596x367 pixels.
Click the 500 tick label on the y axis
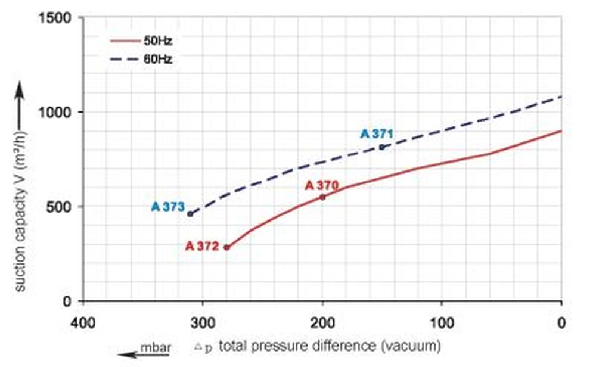click(62, 207)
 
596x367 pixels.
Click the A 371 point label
click(377, 134)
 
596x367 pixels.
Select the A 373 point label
click(168, 207)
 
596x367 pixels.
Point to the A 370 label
click(322, 185)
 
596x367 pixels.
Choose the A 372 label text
click(202, 246)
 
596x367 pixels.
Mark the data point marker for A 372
click(226, 247)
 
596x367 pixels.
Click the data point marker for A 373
click(190, 214)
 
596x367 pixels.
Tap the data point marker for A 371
click(382, 147)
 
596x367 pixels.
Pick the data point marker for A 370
click(323, 197)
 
